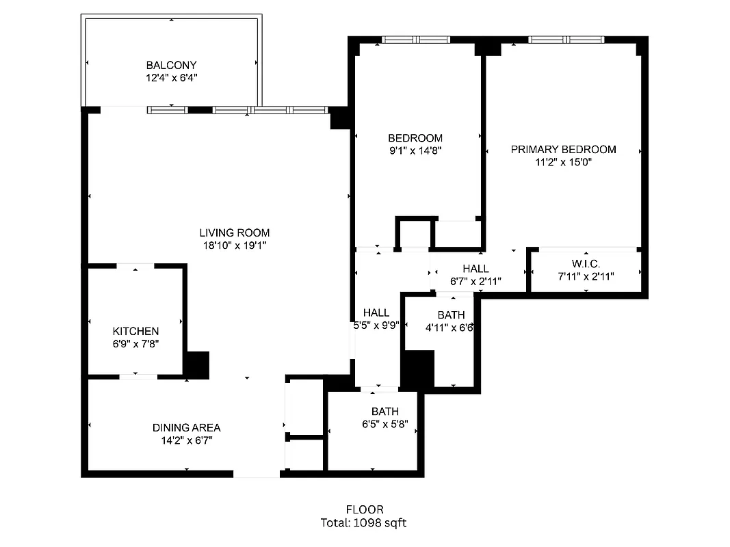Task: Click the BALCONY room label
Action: (x=171, y=65)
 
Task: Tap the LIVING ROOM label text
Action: (x=234, y=232)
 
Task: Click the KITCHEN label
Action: (x=135, y=331)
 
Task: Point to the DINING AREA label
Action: (x=186, y=428)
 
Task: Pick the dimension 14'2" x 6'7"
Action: (x=186, y=440)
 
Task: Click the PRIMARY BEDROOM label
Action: (x=563, y=149)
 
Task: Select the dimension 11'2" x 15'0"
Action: (x=563, y=162)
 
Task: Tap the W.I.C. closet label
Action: (x=586, y=264)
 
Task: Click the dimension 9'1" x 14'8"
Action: (x=415, y=150)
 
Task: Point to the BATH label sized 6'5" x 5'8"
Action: (x=385, y=412)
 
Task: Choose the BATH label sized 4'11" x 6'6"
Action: (x=451, y=315)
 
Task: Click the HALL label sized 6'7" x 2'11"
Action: (x=475, y=269)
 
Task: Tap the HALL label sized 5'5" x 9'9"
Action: (x=376, y=313)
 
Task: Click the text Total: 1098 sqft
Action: (x=365, y=523)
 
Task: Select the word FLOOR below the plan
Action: (x=365, y=509)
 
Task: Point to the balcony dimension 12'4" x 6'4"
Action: (x=171, y=78)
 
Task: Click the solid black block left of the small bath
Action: (x=417, y=369)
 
